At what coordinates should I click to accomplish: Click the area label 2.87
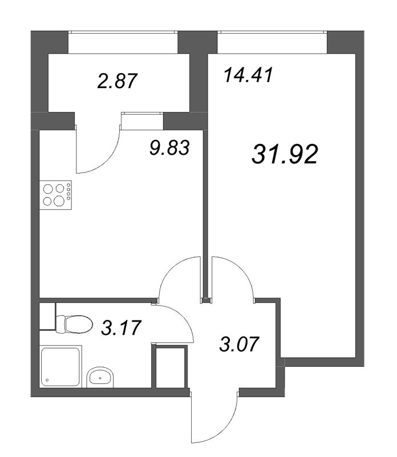click(118, 81)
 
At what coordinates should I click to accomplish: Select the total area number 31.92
click(283, 154)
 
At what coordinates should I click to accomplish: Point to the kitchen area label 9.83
click(168, 148)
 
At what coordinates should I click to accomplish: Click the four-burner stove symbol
click(55, 194)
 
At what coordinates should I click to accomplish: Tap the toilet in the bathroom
click(77, 324)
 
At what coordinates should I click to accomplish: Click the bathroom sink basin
click(100, 376)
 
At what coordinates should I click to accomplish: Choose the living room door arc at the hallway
click(234, 274)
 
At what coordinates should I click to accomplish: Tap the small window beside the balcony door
click(142, 114)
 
